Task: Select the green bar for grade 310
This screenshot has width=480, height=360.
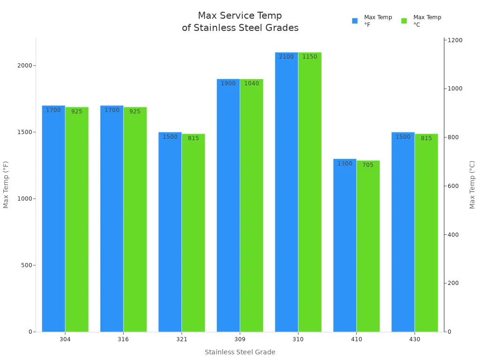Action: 310,192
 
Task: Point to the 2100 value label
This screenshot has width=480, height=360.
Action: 286,57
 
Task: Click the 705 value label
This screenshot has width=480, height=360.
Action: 368,165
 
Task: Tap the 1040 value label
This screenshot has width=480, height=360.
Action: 251,83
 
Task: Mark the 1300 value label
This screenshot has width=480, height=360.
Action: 345,164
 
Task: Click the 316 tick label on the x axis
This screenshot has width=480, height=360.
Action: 123,339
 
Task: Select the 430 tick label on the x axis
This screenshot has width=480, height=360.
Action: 414,339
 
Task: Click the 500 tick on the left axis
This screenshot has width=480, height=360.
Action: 26,265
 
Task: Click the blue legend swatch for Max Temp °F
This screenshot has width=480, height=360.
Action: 355,21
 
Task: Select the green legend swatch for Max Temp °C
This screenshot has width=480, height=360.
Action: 404,21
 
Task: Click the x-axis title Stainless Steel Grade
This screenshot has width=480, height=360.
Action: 240,352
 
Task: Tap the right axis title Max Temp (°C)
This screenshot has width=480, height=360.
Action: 472,185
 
